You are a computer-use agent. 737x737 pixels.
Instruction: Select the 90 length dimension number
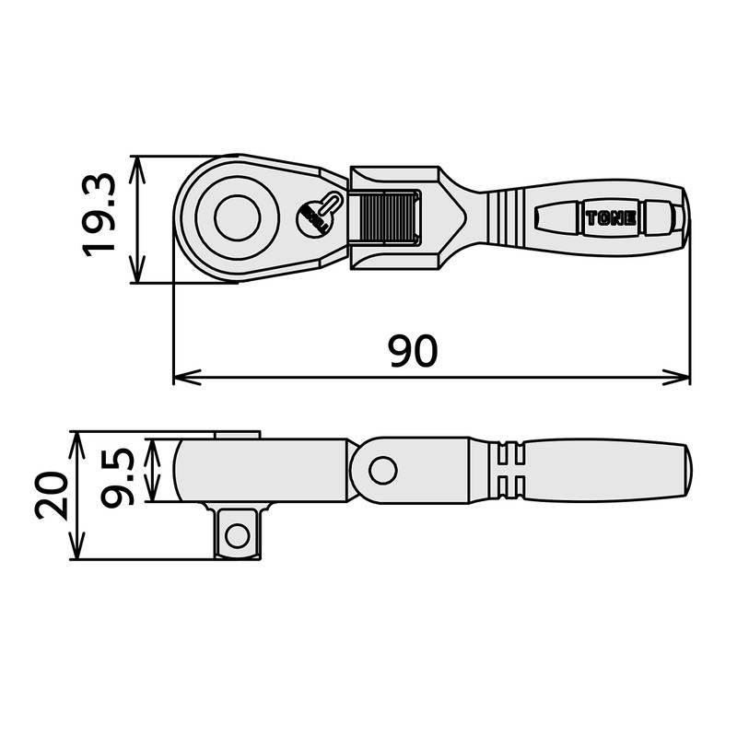pos(411,352)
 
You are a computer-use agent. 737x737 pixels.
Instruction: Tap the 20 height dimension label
pos(52,496)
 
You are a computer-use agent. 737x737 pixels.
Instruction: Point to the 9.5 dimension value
pos(120,472)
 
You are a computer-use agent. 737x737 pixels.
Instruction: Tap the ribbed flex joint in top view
pos(386,218)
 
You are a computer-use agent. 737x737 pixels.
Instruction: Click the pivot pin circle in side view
pos(380,471)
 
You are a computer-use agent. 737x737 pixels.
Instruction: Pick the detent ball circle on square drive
pos(238,533)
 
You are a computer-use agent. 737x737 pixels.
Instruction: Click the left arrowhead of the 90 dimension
pos(181,376)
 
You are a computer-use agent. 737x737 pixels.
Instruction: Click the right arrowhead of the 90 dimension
pos(683,376)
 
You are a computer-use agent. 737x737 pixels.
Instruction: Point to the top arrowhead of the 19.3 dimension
pos(136,164)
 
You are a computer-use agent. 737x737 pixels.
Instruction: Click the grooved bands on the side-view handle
pos(511,471)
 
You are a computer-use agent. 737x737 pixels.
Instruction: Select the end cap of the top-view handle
pos(678,218)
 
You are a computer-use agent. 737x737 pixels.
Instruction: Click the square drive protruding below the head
pos(238,532)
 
